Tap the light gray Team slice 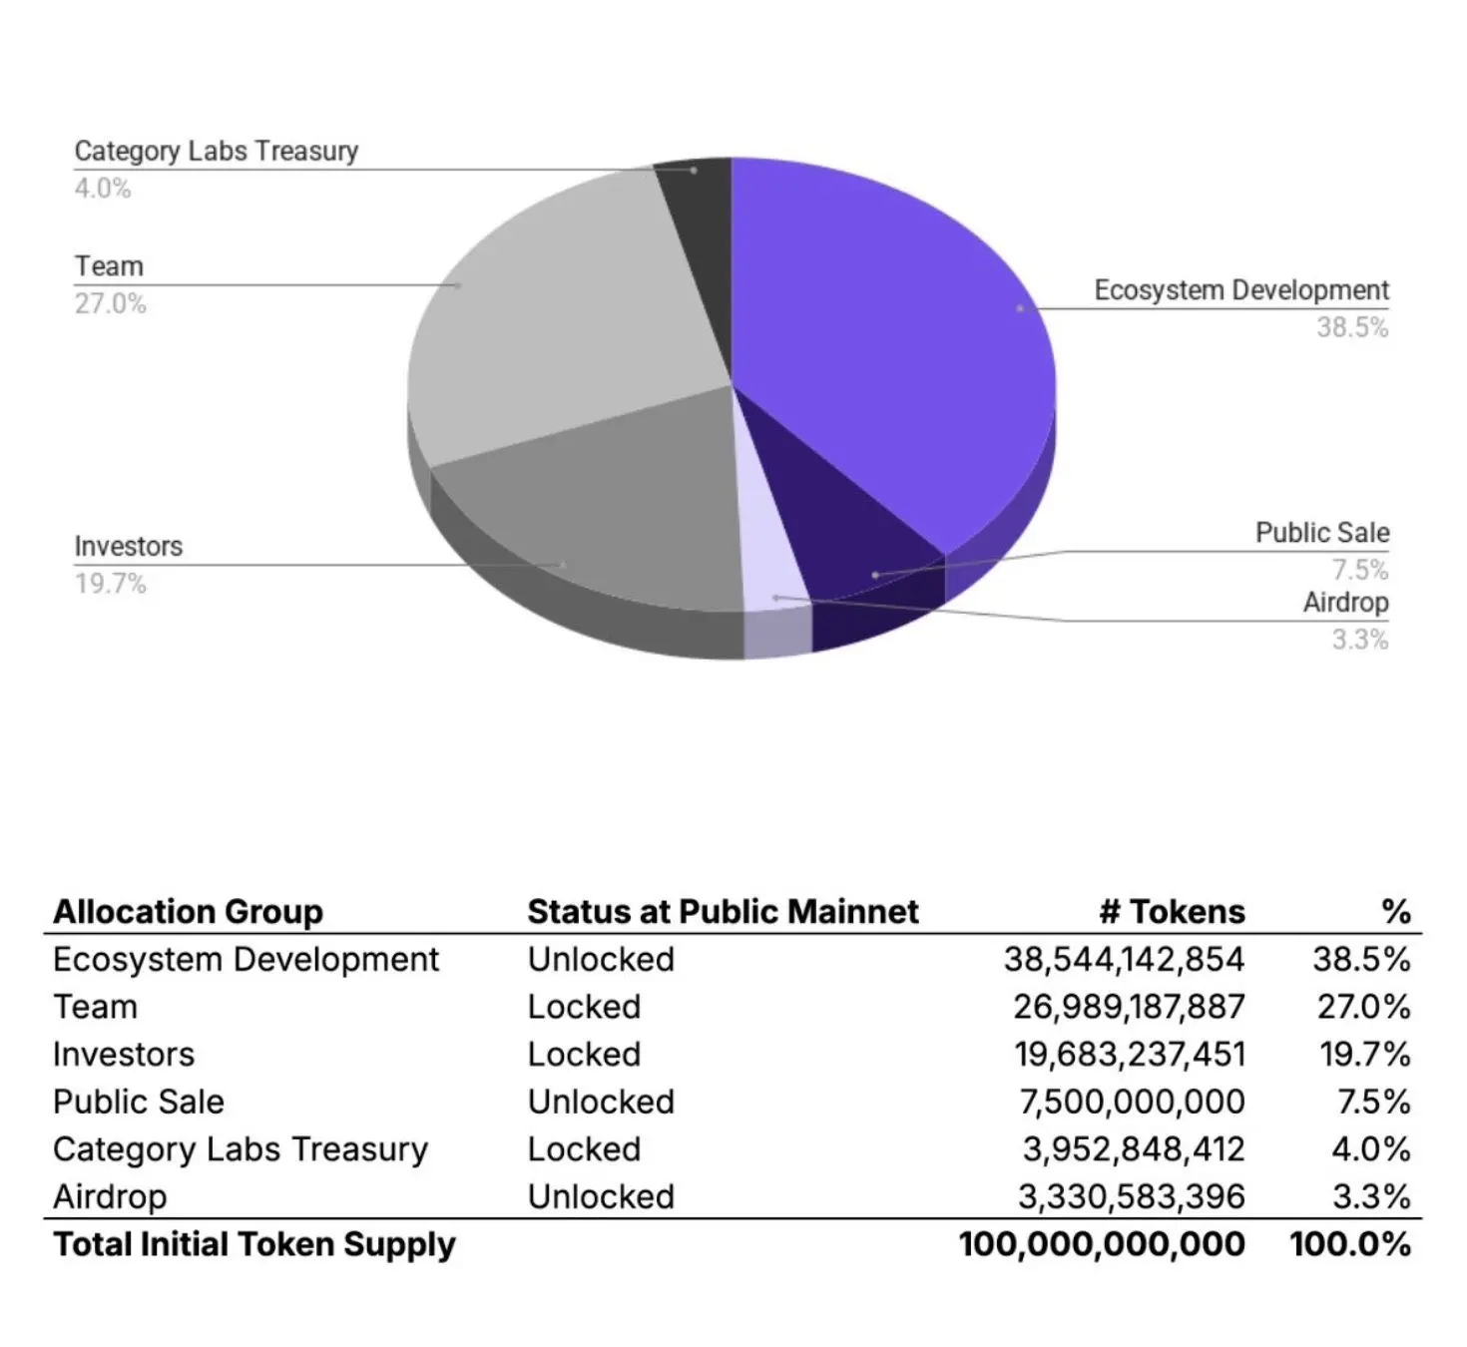pos(559,319)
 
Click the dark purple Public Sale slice pos(848,539)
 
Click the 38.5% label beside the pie pos(1351,327)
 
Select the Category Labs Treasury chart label pos(216,151)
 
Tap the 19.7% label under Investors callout pos(110,584)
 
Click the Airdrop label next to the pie pos(1345,603)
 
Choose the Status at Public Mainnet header pos(723,911)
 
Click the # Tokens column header pos(1172,911)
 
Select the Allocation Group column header pos(188,911)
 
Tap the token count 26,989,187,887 pos(1129,1007)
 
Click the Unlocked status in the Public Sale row pos(601,1102)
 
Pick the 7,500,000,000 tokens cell pos(1132,1102)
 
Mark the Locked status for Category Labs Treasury pos(584,1149)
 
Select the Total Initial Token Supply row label pos(254,1244)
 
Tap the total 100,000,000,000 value pos(1102,1244)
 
